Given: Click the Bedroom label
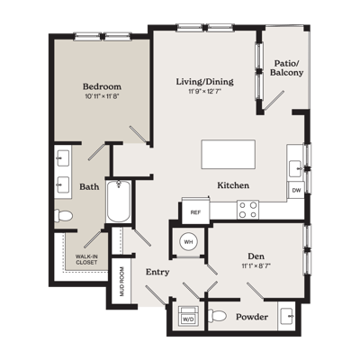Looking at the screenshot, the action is [102, 86].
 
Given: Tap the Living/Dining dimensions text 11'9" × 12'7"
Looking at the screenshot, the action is [204, 92].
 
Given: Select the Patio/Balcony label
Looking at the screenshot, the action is [286, 67].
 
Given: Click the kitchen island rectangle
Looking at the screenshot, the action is [229, 154].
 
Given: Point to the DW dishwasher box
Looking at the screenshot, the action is [296, 190].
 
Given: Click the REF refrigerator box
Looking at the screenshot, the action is [195, 212].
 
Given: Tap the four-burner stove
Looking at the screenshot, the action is [247, 210].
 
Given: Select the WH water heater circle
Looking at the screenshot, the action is [188, 242].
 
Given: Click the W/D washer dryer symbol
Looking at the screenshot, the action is [188, 316].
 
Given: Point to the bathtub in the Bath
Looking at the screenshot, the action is [119, 202].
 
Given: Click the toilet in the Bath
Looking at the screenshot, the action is [63, 216].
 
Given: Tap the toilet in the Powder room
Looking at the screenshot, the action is [217, 316].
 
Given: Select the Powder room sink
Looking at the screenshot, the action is [287, 316].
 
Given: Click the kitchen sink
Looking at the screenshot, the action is [296, 168].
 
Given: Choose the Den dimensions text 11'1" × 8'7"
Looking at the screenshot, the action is [257, 265].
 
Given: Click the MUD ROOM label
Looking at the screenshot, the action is [121, 282].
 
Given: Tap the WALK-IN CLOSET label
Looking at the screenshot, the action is [86, 259].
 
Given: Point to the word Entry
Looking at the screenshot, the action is [157, 273].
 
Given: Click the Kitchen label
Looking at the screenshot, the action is [233, 185].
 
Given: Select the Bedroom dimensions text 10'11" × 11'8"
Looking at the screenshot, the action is [103, 96].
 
